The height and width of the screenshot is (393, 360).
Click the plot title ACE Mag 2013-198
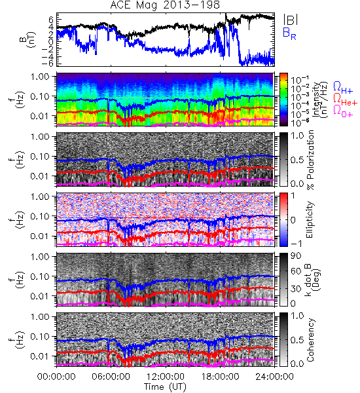[x=165, y=5]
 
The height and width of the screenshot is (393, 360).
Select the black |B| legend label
[x=291, y=20]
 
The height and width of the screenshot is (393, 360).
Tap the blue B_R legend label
[x=289, y=34]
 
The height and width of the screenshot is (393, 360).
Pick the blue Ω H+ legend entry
[x=343, y=88]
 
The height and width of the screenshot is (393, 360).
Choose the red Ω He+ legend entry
[x=345, y=100]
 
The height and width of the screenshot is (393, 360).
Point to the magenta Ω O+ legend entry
[x=343, y=112]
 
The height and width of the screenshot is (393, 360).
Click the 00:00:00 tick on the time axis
[x=56, y=377]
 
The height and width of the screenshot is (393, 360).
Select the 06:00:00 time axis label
[x=111, y=377]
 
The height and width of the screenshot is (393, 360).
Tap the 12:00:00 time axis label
[x=166, y=377]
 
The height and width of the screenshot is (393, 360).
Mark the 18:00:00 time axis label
[x=220, y=377]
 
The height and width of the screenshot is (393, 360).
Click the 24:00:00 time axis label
[x=274, y=377]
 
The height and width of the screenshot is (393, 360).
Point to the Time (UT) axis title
[x=165, y=387]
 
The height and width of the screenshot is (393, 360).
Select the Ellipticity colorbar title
[x=310, y=219]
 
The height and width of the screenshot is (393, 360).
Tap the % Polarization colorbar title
[x=310, y=160]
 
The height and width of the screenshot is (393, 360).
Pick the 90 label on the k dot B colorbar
[x=296, y=256]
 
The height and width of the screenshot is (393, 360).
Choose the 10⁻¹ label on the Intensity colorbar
[x=298, y=80]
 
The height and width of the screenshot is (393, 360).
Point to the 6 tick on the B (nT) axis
[x=51, y=19]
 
